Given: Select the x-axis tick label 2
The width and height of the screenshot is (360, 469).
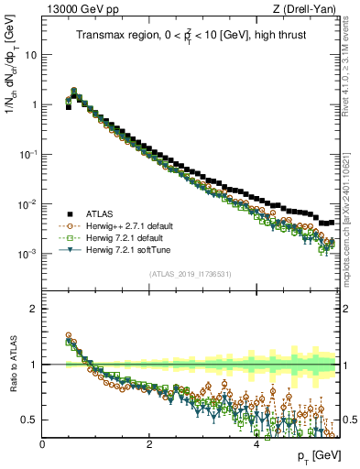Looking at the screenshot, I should click(x=149, y=444).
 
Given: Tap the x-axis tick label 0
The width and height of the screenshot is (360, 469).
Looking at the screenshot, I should click(x=43, y=444).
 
